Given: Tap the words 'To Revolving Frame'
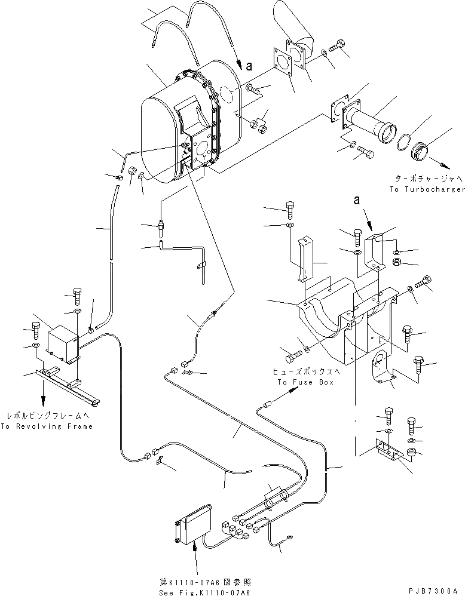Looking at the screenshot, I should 47,426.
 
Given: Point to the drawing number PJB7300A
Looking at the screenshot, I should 435,589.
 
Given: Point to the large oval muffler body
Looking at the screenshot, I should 173,131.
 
